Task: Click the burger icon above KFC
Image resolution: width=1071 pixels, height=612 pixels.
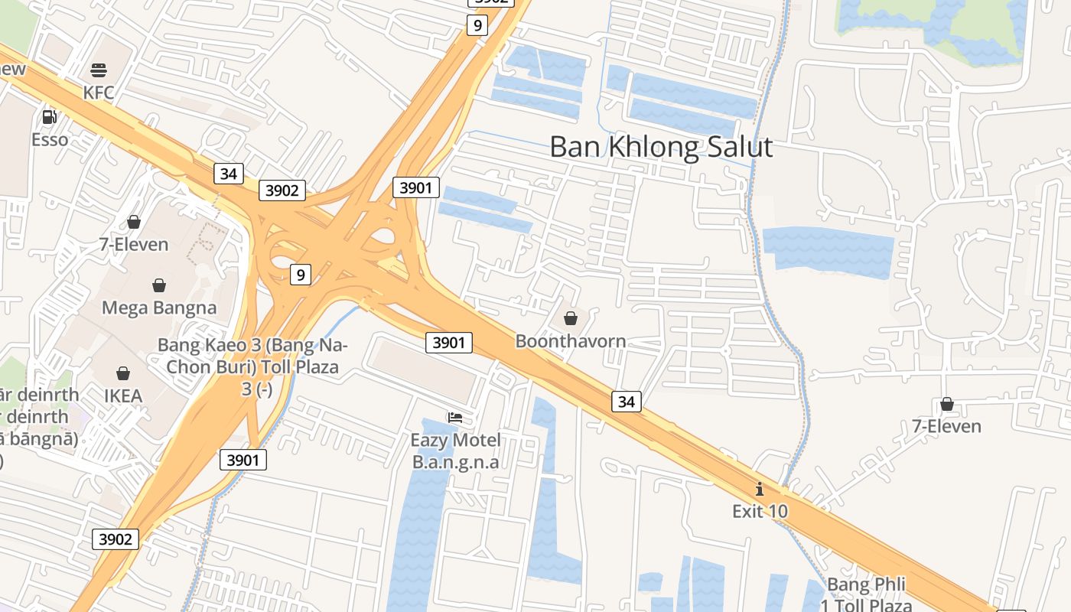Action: (x=98, y=71)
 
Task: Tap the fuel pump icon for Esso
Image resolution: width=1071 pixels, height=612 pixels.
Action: (x=50, y=117)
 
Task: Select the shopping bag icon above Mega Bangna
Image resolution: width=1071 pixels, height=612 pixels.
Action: (x=159, y=285)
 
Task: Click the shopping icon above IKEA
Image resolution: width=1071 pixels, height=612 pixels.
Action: (x=122, y=373)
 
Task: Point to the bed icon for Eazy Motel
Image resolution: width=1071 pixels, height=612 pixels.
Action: (x=455, y=418)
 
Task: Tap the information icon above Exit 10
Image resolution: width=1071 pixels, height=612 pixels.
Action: (x=760, y=489)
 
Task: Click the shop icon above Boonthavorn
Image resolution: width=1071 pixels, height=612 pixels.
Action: (x=571, y=318)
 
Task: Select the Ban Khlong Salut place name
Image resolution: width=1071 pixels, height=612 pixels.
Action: (x=661, y=147)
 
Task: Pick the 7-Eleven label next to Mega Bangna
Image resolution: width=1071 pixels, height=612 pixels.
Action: (x=134, y=245)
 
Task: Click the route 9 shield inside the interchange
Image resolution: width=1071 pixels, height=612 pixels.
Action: (x=301, y=275)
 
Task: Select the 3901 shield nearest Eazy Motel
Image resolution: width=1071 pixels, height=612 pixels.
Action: (x=448, y=343)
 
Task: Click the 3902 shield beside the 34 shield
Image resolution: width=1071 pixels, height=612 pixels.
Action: (x=282, y=190)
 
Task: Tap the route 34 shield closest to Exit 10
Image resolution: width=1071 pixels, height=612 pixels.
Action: (x=626, y=401)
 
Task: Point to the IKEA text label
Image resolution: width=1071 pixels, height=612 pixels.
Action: (x=123, y=396)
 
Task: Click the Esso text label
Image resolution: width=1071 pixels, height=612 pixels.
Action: (x=50, y=140)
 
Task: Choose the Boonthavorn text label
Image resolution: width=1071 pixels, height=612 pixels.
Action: (x=571, y=341)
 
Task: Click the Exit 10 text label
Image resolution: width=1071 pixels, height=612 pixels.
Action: (x=760, y=511)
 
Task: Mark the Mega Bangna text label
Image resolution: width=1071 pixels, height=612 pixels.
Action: (x=159, y=308)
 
